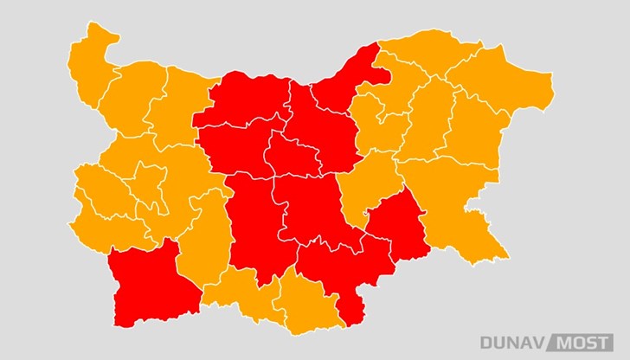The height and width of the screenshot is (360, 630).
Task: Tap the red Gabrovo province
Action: [290, 156]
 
